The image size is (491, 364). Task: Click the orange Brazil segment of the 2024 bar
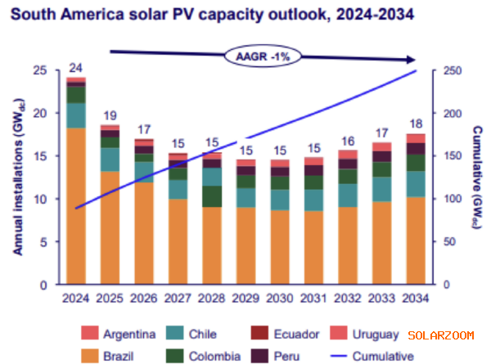point(76,204)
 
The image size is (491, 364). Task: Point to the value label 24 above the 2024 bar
point(76,68)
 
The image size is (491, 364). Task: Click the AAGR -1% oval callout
point(259,58)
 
